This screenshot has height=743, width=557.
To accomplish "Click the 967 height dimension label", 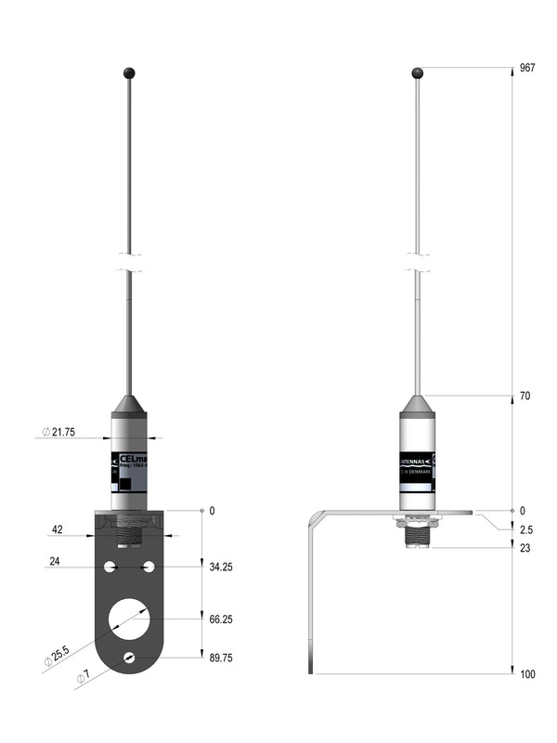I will [527, 69].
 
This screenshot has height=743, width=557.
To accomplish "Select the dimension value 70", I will [525, 397].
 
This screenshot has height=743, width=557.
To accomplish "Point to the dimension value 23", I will [525, 548].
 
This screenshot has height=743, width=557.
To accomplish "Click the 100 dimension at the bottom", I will [526, 674].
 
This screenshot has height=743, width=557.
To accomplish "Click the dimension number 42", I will [57, 530].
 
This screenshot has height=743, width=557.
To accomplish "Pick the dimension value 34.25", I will [220, 567].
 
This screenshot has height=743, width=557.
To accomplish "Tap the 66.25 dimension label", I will [220, 619].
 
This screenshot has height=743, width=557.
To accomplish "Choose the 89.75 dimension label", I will [220, 658].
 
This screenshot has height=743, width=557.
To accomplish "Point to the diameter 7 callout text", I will [83, 677].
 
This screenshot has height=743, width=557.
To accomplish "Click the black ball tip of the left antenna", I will [128, 72].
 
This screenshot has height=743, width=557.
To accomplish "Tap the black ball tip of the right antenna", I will [418, 72].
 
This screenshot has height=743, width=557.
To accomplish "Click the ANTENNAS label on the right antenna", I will [414, 459].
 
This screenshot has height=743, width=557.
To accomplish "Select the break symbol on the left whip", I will [129, 262].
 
